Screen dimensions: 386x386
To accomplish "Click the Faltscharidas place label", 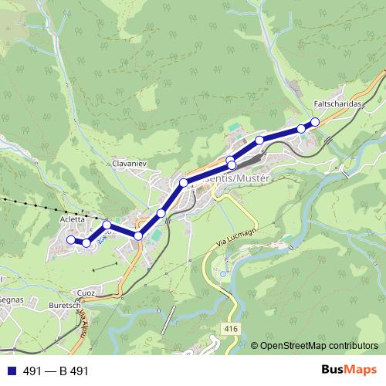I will [x=338, y=103].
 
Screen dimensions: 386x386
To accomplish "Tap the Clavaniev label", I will [x=129, y=164].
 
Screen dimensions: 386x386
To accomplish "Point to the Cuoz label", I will [x=86, y=293].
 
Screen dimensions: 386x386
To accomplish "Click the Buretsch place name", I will [x=67, y=306].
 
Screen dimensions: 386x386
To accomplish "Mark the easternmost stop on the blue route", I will [x=315, y=122].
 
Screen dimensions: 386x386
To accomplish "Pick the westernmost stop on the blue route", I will [x=70, y=239].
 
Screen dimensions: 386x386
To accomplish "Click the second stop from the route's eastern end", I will [x=301, y=128].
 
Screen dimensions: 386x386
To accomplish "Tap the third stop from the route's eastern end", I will [x=260, y=140].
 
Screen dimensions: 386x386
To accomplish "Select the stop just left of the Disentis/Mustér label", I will [x=184, y=182].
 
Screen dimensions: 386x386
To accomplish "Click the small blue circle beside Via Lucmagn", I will [x=223, y=274].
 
